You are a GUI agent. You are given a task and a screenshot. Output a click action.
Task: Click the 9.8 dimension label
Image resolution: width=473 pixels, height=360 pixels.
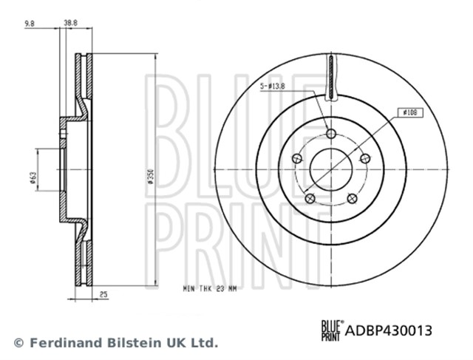pos(30,23)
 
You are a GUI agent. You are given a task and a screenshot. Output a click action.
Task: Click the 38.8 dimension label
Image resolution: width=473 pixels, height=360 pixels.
pos(71,23)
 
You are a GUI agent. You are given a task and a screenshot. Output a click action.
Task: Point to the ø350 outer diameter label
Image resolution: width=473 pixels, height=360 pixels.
pos(150,177)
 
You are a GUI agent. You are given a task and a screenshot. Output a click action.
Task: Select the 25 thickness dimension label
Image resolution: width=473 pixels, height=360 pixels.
pos(103,294)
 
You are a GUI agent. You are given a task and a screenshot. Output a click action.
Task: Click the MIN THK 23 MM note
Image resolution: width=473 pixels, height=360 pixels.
pos(210,289)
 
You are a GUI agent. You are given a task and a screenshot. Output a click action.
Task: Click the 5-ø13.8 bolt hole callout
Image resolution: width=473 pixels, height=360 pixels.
pos(273,86)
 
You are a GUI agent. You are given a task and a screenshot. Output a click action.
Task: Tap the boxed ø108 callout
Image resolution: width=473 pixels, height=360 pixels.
pos(410,112)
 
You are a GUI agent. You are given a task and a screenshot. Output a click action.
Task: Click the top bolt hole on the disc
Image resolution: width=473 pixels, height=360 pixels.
pos(331,133)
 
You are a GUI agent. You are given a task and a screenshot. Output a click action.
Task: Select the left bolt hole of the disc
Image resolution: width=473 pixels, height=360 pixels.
pos(297,157)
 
